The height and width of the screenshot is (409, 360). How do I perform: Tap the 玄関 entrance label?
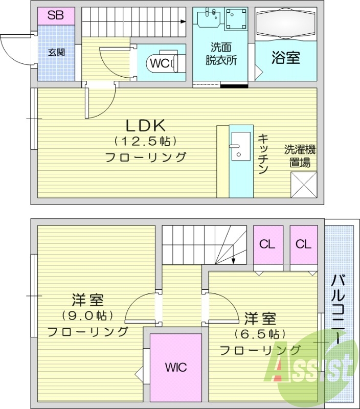coord(56,53)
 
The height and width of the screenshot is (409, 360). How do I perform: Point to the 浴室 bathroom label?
coord(285,57)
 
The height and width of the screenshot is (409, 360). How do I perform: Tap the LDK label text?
coord(145,125)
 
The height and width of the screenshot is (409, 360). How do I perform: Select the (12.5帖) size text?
coord(145,141)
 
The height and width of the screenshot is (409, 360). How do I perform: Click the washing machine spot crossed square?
coord(304,185)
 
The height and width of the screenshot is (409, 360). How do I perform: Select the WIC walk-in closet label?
coord(175,367)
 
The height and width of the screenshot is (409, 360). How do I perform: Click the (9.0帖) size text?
coord(87,315)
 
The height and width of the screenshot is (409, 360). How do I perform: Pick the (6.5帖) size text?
coord(259,334)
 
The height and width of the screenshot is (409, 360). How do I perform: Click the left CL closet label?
coord(267,244)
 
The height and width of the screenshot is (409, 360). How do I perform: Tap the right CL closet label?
coord(303,244)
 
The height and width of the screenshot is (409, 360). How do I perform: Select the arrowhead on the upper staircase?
coord(183,21)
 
